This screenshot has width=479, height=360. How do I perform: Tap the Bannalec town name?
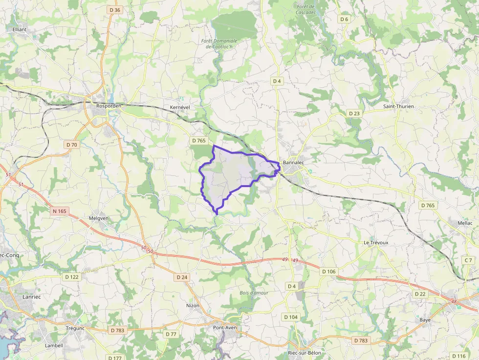(x=293, y=163)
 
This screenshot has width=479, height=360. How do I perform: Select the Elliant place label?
(x=20, y=30)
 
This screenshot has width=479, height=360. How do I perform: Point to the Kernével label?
(x=179, y=107)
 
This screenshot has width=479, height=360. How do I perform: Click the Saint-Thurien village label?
(x=398, y=106)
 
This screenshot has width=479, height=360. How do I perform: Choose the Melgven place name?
(x=99, y=218)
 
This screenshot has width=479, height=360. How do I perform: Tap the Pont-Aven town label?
(x=225, y=327)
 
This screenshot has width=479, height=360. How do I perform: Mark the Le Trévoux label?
(x=376, y=242)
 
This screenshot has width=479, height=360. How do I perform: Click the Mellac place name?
(x=465, y=222)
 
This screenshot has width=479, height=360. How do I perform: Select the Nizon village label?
(x=193, y=305)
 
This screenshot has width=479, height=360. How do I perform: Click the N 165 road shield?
(x=60, y=211)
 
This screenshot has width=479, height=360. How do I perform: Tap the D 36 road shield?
(x=115, y=10)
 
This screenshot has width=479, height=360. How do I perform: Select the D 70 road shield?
(x=71, y=145)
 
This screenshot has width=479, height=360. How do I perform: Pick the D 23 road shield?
(x=354, y=113)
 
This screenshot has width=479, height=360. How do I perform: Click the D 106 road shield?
(x=329, y=271)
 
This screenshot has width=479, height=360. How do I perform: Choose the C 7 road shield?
(x=468, y=260)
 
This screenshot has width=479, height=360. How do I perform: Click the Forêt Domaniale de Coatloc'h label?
(x=219, y=43)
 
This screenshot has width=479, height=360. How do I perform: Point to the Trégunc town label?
(x=75, y=328)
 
